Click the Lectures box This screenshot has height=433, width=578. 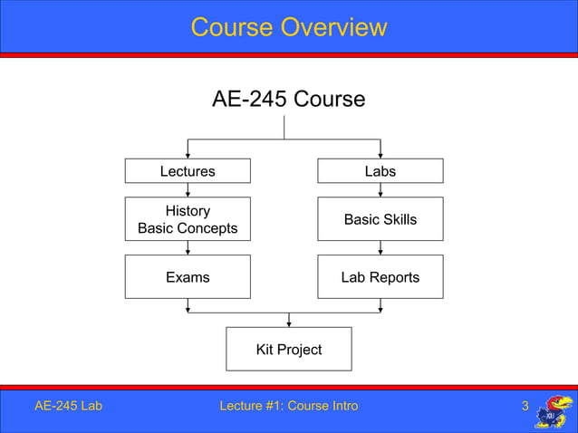(x=188, y=171)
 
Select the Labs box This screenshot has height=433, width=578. (x=380, y=171)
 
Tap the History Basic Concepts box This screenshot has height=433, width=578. (x=188, y=219)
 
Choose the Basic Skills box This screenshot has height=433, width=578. (x=380, y=219)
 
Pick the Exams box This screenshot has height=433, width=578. (x=188, y=277)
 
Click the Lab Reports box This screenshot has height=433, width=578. (x=380, y=277)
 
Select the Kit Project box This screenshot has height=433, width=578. (x=288, y=349)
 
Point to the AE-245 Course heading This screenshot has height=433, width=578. (x=288, y=99)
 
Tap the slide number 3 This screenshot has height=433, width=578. (x=525, y=406)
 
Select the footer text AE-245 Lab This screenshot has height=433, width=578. (x=68, y=406)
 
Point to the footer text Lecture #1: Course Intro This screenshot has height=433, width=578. (x=288, y=406)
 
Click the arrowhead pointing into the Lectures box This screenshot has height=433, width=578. (x=188, y=155)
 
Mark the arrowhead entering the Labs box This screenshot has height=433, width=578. (x=380, y=155)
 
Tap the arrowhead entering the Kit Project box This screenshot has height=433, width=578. (x=288, y=323)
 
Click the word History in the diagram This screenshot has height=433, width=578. (x=188, y=211)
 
